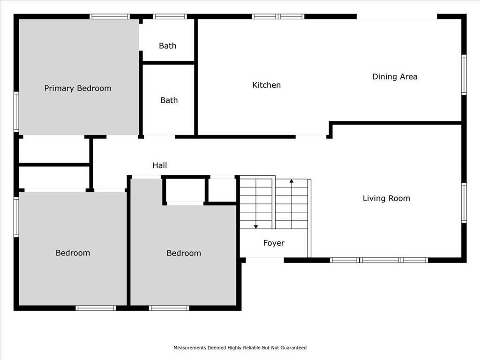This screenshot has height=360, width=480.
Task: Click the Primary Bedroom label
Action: coord(78,89)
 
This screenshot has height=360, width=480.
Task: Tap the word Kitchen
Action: coord(266,85)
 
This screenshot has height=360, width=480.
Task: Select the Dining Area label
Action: coord(395,76)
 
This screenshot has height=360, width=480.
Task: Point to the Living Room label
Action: coord(386,198)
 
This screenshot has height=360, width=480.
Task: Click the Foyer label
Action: coord(274,243)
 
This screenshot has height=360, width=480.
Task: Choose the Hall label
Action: coord(159,165)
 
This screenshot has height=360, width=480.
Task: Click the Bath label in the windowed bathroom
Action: coord(167,45)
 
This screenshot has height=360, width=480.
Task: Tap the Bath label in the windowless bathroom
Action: coord(169,100)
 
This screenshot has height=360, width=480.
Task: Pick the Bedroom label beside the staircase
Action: coord(184,253)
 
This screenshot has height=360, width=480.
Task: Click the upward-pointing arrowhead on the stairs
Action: coord(292,181)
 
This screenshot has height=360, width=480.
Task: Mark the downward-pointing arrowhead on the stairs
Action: coord(256,227)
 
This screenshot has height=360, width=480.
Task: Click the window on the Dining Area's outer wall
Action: coord(464,75)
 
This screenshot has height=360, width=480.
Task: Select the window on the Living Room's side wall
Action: coord(464,202)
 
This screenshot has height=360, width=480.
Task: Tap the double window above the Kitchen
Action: coord(278,16)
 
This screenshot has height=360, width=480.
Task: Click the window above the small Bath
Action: coord(170,16)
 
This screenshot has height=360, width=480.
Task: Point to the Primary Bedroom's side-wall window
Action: coord(16,112)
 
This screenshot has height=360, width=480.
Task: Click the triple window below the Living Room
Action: coord(379,260)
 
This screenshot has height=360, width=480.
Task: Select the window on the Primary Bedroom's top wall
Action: coord(110,16)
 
